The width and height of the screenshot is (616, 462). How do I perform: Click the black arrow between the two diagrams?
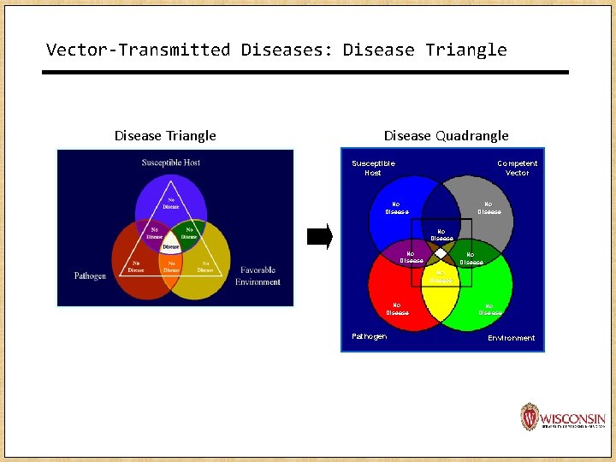318,237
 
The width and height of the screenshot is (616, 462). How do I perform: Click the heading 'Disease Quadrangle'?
446,135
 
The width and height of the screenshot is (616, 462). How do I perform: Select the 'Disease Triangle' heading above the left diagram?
165,135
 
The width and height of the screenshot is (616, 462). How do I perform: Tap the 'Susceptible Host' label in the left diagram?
171,163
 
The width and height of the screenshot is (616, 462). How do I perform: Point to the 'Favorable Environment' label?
258,275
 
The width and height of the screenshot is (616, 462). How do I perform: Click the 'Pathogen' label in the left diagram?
90,276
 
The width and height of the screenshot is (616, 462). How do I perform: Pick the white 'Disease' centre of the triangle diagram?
171,246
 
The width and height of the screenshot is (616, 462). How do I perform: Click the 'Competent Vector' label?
518,168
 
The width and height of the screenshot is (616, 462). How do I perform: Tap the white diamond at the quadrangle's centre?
441,253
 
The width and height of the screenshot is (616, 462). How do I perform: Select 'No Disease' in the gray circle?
489,208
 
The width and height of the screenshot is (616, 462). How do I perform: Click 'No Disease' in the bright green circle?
490,309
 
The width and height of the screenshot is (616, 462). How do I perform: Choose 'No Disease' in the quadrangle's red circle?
397,309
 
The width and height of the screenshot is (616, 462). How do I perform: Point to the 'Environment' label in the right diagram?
511,338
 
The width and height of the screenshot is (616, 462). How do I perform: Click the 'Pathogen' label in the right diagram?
369,336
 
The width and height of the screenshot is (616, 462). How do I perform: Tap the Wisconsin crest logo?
530,417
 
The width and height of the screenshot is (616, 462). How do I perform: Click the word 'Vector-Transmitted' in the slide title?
138,50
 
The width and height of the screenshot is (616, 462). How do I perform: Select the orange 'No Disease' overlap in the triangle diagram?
171,267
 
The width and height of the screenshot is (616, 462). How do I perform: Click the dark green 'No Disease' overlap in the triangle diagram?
188,233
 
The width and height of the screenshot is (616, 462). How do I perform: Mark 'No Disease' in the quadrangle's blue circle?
397,208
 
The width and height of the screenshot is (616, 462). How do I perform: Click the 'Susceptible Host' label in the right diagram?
373,168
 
